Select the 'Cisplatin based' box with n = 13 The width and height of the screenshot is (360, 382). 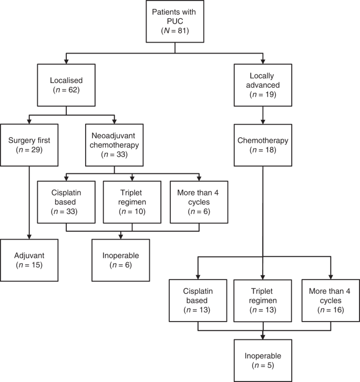[x=197, y=300]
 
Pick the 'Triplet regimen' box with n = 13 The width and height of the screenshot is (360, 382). [x=263, y=300]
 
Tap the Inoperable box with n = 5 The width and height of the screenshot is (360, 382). [x=263, y=359]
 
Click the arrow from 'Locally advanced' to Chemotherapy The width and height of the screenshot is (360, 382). [x=263, y=113]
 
